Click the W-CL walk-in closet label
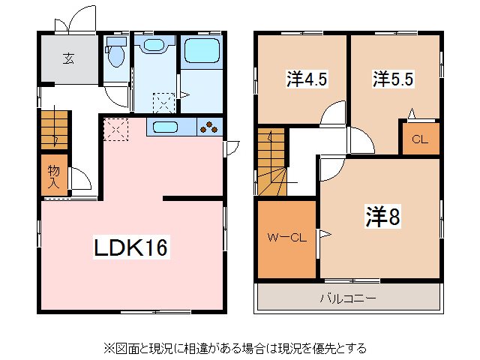pos(287,238)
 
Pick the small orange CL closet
pos(420,139)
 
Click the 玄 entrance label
pos(68,58)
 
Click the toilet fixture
pos(116,54)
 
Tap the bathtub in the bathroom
pos(201,52)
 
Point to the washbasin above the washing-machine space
pos(154,46)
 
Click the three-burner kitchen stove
pos(211,127)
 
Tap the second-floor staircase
pos(272,164)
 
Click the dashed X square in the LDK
pos(115,129)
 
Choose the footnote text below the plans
pos(235,348)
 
